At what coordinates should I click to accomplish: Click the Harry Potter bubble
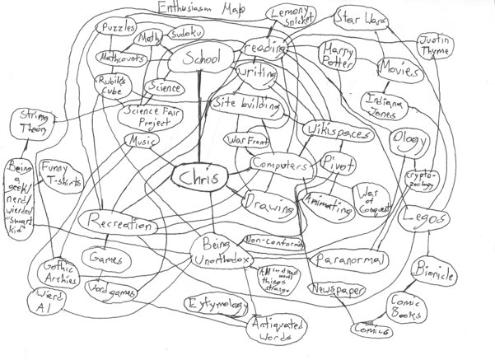pos(339,54)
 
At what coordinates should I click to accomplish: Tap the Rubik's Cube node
pos(109,85)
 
